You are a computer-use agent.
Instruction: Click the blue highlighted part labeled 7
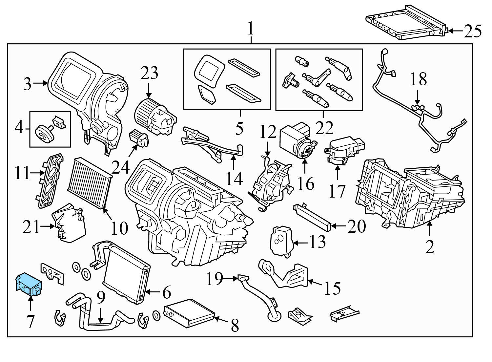[x=29, y=284]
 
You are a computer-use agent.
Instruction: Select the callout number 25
[x=473, y=31]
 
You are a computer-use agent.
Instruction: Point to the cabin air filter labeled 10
[x=90, y=181]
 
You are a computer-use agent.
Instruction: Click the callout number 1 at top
[x=251, y=29]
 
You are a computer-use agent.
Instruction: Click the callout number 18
[x=418, y=79]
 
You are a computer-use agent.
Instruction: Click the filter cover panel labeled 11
[x=49, y=181]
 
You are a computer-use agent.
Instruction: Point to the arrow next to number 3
[x=41, y=83]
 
